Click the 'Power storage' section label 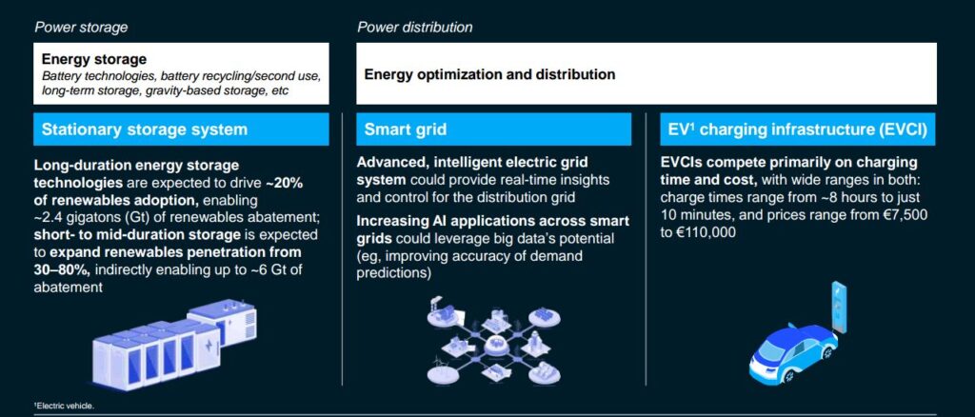(x=81, y=28)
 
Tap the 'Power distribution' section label (x=414, y=28)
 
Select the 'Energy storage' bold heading (x=94, y=60)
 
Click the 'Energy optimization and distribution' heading (x=490, y=74)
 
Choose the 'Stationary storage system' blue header (x=181, y=129)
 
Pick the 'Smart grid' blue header (x=494, y=129)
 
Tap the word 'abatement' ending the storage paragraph (x=69, y=288)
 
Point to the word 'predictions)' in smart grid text (x=393, y=273)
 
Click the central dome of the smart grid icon (x=495, y=345)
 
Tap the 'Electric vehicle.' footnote (x=64, y=406)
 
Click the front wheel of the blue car (x=788, y=375)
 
